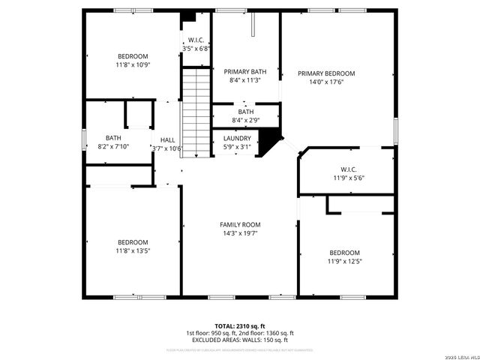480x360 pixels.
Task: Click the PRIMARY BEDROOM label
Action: pos(325,73)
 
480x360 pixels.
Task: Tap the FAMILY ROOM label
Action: pos(240,224)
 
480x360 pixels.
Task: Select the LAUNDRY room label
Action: pos(237,138)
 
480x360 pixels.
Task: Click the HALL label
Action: pos(167,140)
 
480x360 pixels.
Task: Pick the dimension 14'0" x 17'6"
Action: pos(325,82)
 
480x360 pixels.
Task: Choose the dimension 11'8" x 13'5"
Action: pos(133,250)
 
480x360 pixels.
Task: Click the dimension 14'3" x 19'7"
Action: pos(240,233)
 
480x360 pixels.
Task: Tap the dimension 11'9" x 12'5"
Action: pos(344,261)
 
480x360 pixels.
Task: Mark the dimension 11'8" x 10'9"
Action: pos(133,65)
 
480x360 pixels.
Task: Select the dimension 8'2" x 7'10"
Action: pos(112,147)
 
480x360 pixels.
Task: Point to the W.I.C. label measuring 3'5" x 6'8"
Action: pos(196,40)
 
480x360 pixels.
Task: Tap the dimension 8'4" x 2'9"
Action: pos(246,120)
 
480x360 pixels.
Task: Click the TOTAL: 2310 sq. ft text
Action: pos(240,325)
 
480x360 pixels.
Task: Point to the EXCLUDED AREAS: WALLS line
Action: pos(240,340)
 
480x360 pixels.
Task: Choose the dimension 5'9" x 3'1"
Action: pos(237,147)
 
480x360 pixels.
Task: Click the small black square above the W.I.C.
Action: pos(188,16)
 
